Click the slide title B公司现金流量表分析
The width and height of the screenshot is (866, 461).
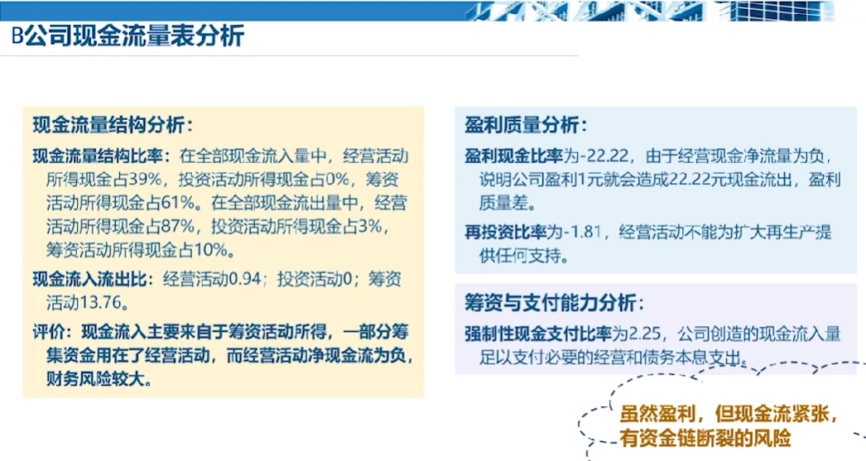coord(127,36)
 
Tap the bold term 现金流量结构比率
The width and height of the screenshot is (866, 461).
coord(98,156)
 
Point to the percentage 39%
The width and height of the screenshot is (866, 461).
coord(145,180)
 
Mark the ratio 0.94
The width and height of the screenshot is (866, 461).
coord(244,279)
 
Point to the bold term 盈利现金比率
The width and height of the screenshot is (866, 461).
coord(513,156)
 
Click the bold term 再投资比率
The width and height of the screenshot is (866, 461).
coord(505,232)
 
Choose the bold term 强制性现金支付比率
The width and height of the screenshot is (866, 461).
coord(538,334)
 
